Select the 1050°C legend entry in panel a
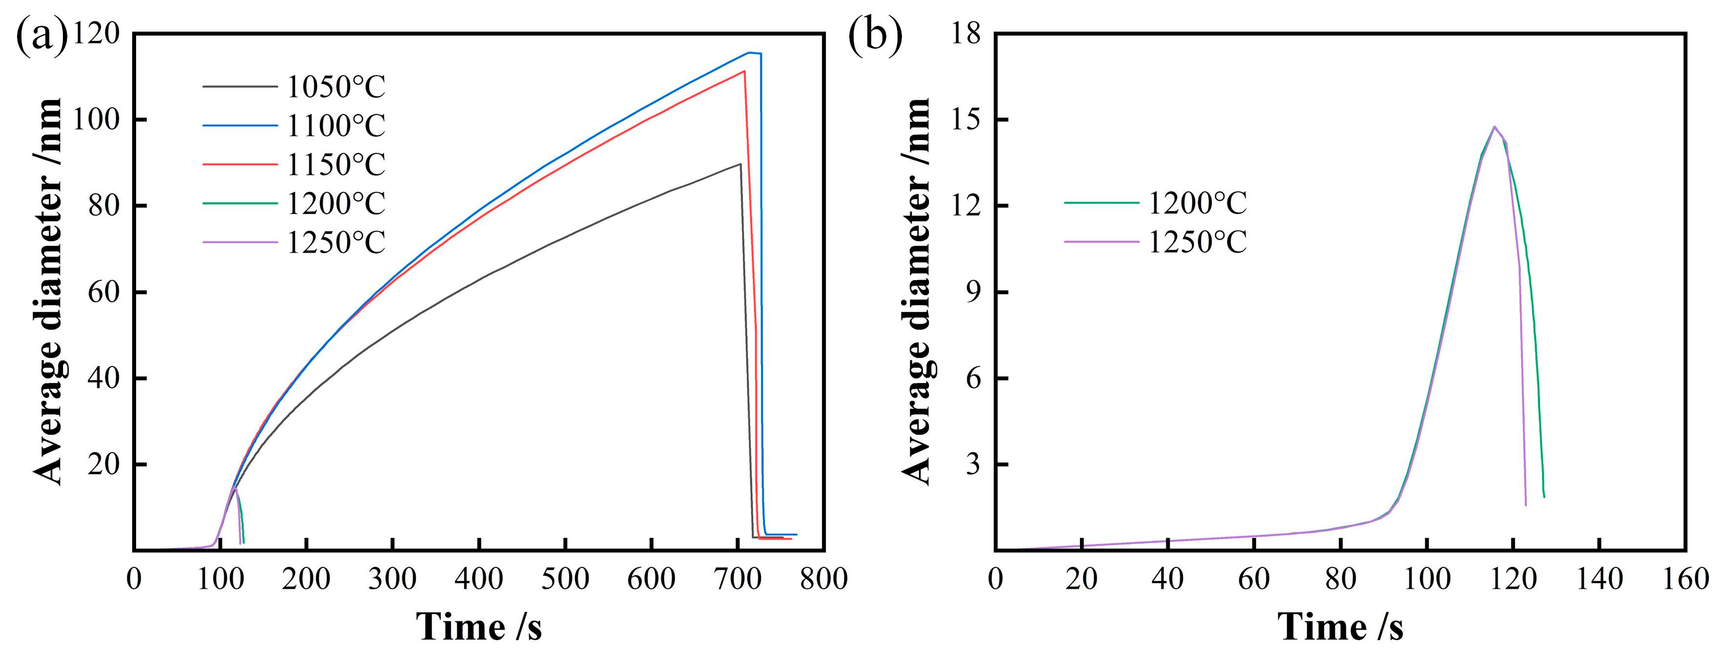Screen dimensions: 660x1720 point(336,87)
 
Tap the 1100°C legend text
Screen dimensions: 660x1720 point(336,125)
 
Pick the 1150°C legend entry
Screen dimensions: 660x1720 point(336,164)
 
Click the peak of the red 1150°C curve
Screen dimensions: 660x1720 point(744,71)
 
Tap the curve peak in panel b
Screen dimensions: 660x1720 point(1494,127)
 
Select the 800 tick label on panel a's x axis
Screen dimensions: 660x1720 point(824,579)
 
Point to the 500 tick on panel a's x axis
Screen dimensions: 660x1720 point(565,579)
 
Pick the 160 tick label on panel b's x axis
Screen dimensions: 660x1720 point(1685,579)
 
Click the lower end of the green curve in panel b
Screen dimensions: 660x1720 point(1544,497)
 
